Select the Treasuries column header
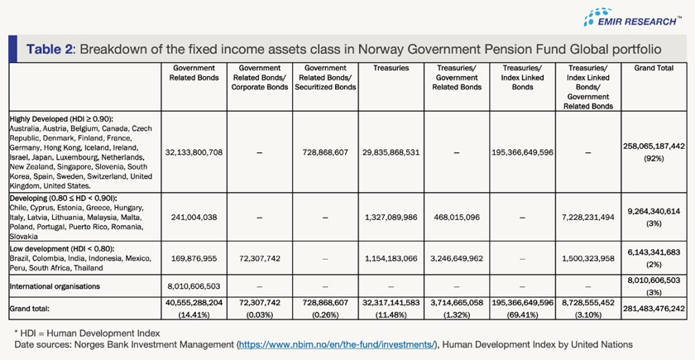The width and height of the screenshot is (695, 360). [x=391, y=68]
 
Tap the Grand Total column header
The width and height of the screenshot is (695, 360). [x=654, y=68]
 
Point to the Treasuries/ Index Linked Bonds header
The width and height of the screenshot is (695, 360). [x=522, y=77]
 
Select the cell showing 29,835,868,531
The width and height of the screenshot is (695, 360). [x=391, y=152]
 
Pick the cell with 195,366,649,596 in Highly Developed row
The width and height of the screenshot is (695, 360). [x=522, y=152]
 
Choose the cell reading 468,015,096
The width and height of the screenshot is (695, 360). [x=456, y=218]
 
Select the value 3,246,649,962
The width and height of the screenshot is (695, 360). [x=456, y=258]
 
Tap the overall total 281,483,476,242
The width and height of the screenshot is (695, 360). [x=654, y=309]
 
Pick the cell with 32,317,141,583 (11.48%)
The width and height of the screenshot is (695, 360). [x=391, y=309]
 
